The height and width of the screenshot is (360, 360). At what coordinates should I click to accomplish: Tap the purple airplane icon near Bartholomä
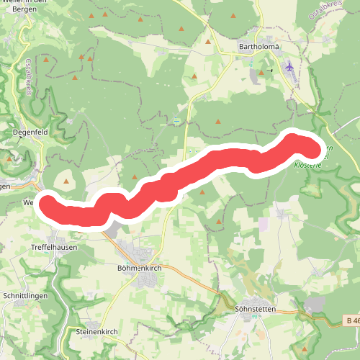289,68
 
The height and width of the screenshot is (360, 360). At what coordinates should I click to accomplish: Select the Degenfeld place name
30,132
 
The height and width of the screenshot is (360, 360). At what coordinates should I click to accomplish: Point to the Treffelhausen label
53,246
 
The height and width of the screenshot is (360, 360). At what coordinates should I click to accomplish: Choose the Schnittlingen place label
26,296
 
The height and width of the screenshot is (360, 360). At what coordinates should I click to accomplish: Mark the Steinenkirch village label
96,332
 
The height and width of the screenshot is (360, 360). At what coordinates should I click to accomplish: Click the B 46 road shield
351,320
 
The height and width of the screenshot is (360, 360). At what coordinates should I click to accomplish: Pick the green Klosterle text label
308,165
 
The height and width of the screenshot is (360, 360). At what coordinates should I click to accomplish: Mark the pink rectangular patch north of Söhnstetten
264,224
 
